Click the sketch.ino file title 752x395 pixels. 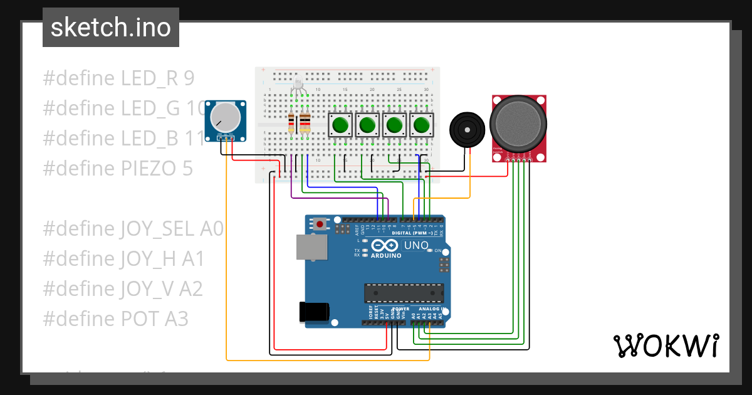click(x=110, y=28)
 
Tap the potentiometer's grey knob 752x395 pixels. click(x=225, y=117)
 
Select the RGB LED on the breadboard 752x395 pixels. click(x=298, y=85)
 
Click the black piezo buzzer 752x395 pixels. click(x=466, y=129)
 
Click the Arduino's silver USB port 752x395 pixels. click(x=311, y=247)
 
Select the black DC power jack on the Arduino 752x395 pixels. click(x=314, y=312)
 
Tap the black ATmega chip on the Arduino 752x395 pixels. click(x=404, y=293)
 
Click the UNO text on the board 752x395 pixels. click(x=416, y=245)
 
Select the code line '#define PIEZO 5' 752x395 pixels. click(x=118, y=169)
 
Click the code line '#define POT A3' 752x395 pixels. click(x=115, y=319)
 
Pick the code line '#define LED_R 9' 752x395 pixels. click(x=118, y=78)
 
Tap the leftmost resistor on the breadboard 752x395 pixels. click(x=291, y=124)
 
